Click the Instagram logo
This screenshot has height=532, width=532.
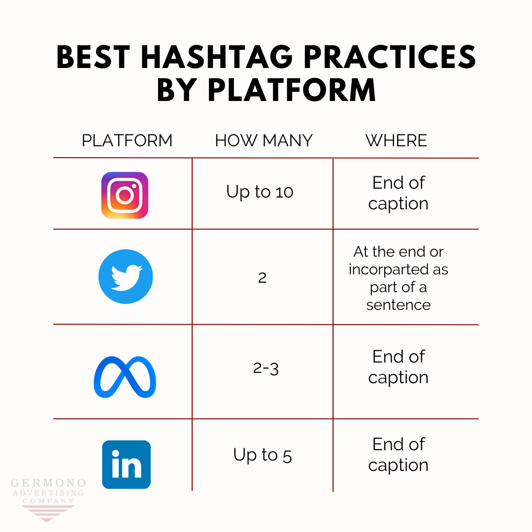(125, 195)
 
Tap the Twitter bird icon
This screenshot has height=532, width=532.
(126, 276)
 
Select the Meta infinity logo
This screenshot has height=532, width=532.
(125, 377)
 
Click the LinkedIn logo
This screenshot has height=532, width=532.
(126, 465)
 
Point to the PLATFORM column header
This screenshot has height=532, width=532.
(127, 140)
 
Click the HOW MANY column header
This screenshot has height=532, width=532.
(264, 140)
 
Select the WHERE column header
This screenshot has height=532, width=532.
(396, 140)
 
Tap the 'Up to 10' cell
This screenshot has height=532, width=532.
(260, 192)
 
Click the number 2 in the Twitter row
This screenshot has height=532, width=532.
(262, 278)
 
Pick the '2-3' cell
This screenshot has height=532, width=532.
(266, 368)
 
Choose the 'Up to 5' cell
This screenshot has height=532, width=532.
(263, 455)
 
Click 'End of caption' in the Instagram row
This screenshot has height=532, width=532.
(398, 193)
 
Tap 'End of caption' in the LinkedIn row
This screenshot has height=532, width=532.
(398, 455)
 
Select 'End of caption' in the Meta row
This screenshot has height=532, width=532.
(398, 367)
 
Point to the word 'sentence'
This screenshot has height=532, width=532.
(398, 305)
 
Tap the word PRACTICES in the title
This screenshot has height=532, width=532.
(389, 58)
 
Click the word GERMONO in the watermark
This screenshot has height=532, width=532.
(48, 483)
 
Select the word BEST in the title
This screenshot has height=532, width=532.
(94, 58)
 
